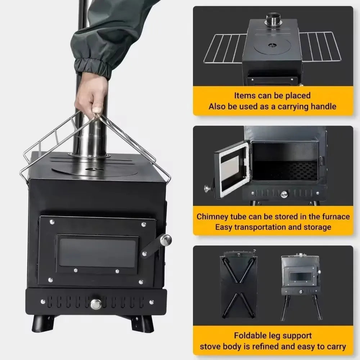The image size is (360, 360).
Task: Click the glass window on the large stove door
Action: [x=98, y=252]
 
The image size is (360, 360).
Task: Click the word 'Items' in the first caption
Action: [x=245, y=96]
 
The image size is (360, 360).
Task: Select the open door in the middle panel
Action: [x=231, y=168]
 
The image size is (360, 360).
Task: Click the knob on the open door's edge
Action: [x=208, y=188]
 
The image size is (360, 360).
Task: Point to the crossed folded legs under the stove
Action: [x=238, y=284]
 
